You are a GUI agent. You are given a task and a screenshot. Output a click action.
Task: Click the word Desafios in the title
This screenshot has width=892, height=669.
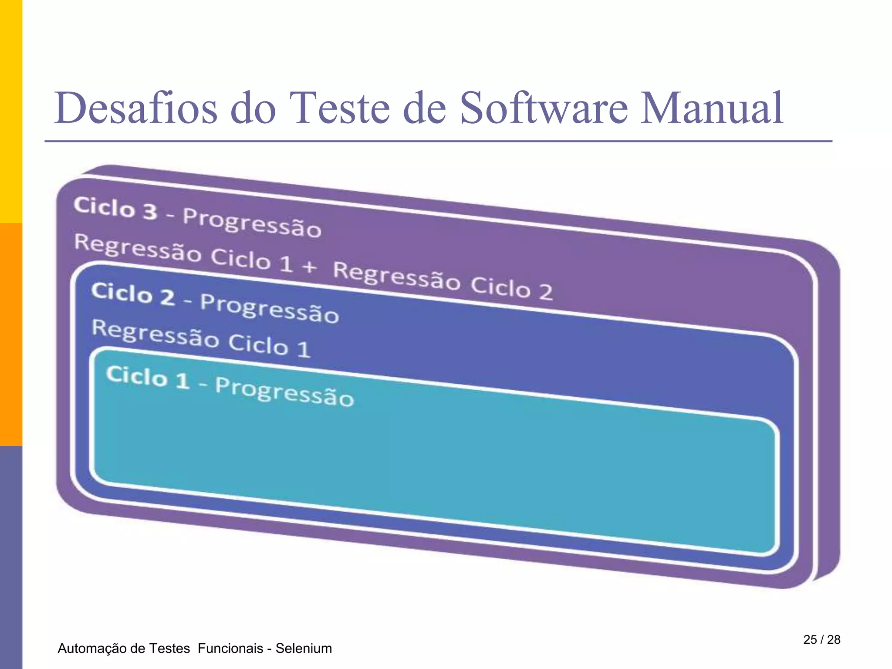135,108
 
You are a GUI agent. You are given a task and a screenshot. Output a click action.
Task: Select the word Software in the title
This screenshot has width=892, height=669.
544,108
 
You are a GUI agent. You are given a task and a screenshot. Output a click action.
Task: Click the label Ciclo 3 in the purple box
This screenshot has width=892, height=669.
115,208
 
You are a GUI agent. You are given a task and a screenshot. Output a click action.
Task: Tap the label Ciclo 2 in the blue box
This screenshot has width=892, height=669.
133,294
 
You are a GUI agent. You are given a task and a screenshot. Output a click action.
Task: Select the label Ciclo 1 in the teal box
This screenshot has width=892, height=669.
148,377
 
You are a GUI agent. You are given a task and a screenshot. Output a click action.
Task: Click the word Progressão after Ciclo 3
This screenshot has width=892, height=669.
252,223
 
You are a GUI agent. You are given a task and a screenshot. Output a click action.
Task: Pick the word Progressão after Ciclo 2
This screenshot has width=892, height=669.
269,308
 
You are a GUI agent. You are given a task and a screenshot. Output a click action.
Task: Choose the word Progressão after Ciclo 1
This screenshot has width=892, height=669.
284,392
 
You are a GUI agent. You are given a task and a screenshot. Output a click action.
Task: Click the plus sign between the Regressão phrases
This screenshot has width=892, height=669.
309,266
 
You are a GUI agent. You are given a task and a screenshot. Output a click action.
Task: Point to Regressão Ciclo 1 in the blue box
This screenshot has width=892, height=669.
201,338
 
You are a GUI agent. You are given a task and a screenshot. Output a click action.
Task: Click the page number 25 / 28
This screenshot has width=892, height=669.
821,639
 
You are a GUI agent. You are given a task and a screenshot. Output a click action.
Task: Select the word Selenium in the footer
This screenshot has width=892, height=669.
304,649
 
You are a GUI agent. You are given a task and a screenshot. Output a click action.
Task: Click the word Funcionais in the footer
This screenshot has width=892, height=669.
230,649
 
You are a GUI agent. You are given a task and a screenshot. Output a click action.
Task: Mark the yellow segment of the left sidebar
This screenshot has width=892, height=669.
11,111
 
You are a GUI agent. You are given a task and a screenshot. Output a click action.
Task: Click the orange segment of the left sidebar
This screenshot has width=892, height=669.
11,334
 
